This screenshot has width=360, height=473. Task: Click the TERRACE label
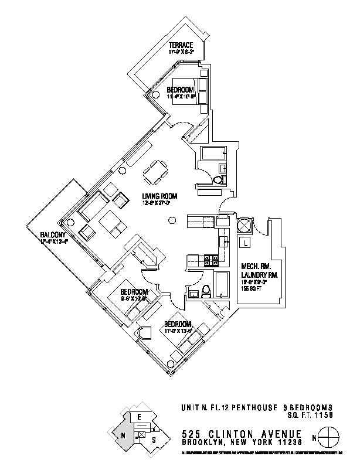tap(181, 45)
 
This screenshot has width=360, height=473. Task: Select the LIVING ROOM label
tap(159, 196)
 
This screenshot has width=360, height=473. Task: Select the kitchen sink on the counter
tap(223, 241)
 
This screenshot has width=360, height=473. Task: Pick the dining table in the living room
tap(155, 172)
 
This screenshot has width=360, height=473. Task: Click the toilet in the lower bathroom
tap(206, 291)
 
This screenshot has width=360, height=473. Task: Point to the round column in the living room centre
tap(171, 220)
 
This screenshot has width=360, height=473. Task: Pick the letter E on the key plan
tap(139, 416)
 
